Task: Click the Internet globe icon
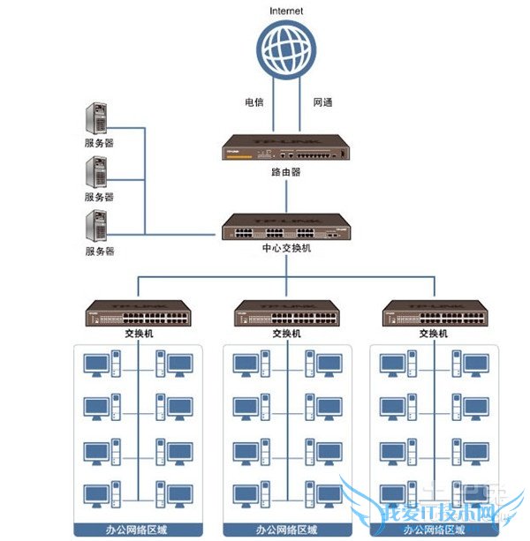(286, 49)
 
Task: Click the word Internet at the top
(286, 11)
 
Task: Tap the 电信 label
(255, 103)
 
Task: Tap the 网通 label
(323, 103)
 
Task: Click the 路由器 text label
(286, 173)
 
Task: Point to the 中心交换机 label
(286, 250)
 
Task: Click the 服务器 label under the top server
(99, 143)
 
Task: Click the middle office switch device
(286, 313)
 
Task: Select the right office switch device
(435, 313)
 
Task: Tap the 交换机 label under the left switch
(138, 334)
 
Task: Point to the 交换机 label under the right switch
(435, 334)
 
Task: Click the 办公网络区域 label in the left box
(138, 530)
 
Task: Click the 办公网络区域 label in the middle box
(286, 530)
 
